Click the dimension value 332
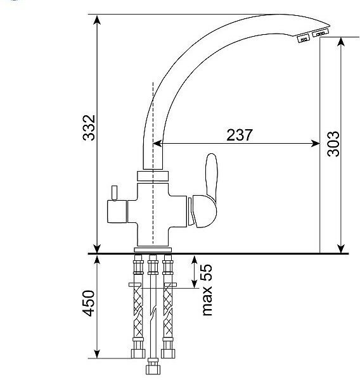89,128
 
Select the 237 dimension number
240,135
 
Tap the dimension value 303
333,144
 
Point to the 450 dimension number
89,303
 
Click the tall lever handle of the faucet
212,177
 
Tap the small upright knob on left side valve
114,193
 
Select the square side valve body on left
117,212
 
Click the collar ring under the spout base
153,176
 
